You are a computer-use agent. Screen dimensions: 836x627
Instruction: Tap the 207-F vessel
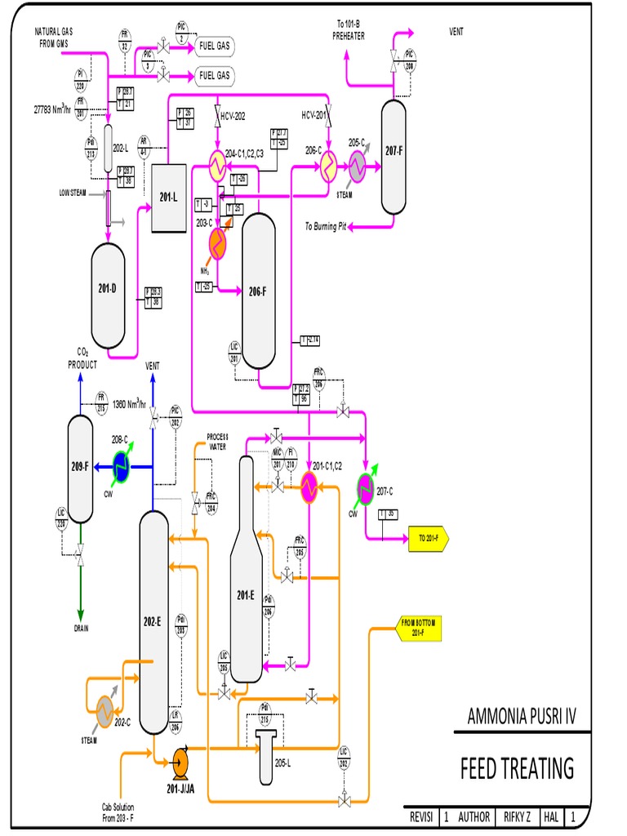coord(393,153)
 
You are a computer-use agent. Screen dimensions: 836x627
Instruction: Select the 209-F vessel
coord(80,467)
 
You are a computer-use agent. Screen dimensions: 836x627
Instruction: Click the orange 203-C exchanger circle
coord(218,242)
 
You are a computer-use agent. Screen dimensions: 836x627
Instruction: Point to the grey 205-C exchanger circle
coord(358,167)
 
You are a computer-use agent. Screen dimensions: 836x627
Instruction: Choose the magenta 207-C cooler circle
coord(364,487)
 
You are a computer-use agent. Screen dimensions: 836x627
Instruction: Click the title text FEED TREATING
coord(517,768)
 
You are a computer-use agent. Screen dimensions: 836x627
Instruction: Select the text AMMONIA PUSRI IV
coord(522,717)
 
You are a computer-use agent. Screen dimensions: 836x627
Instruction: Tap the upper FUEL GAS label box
coord(214,46)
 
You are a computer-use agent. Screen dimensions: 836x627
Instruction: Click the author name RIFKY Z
coord(517,816)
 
